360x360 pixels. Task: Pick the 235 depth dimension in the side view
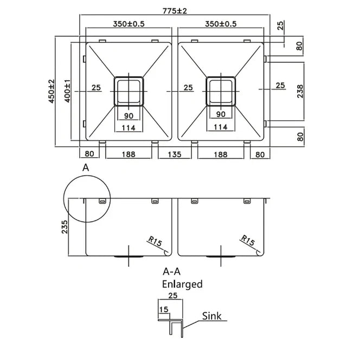click(x=65, y=226)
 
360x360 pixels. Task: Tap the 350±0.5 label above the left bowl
click(x=128, y=24)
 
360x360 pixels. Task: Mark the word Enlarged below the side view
click(x=182, y=284)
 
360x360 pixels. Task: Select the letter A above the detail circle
click(x=85, y=168)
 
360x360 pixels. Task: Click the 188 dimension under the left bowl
click(x=128, y=154)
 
